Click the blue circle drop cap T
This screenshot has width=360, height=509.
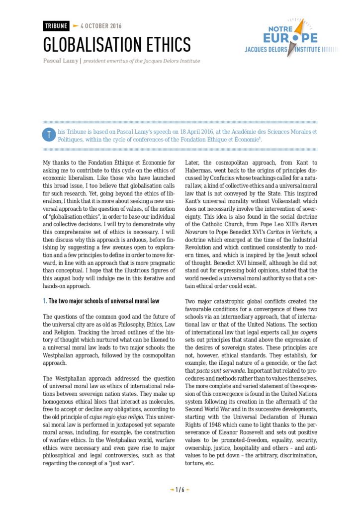point(48,135)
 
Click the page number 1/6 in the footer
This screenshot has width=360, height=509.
point(180,490)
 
